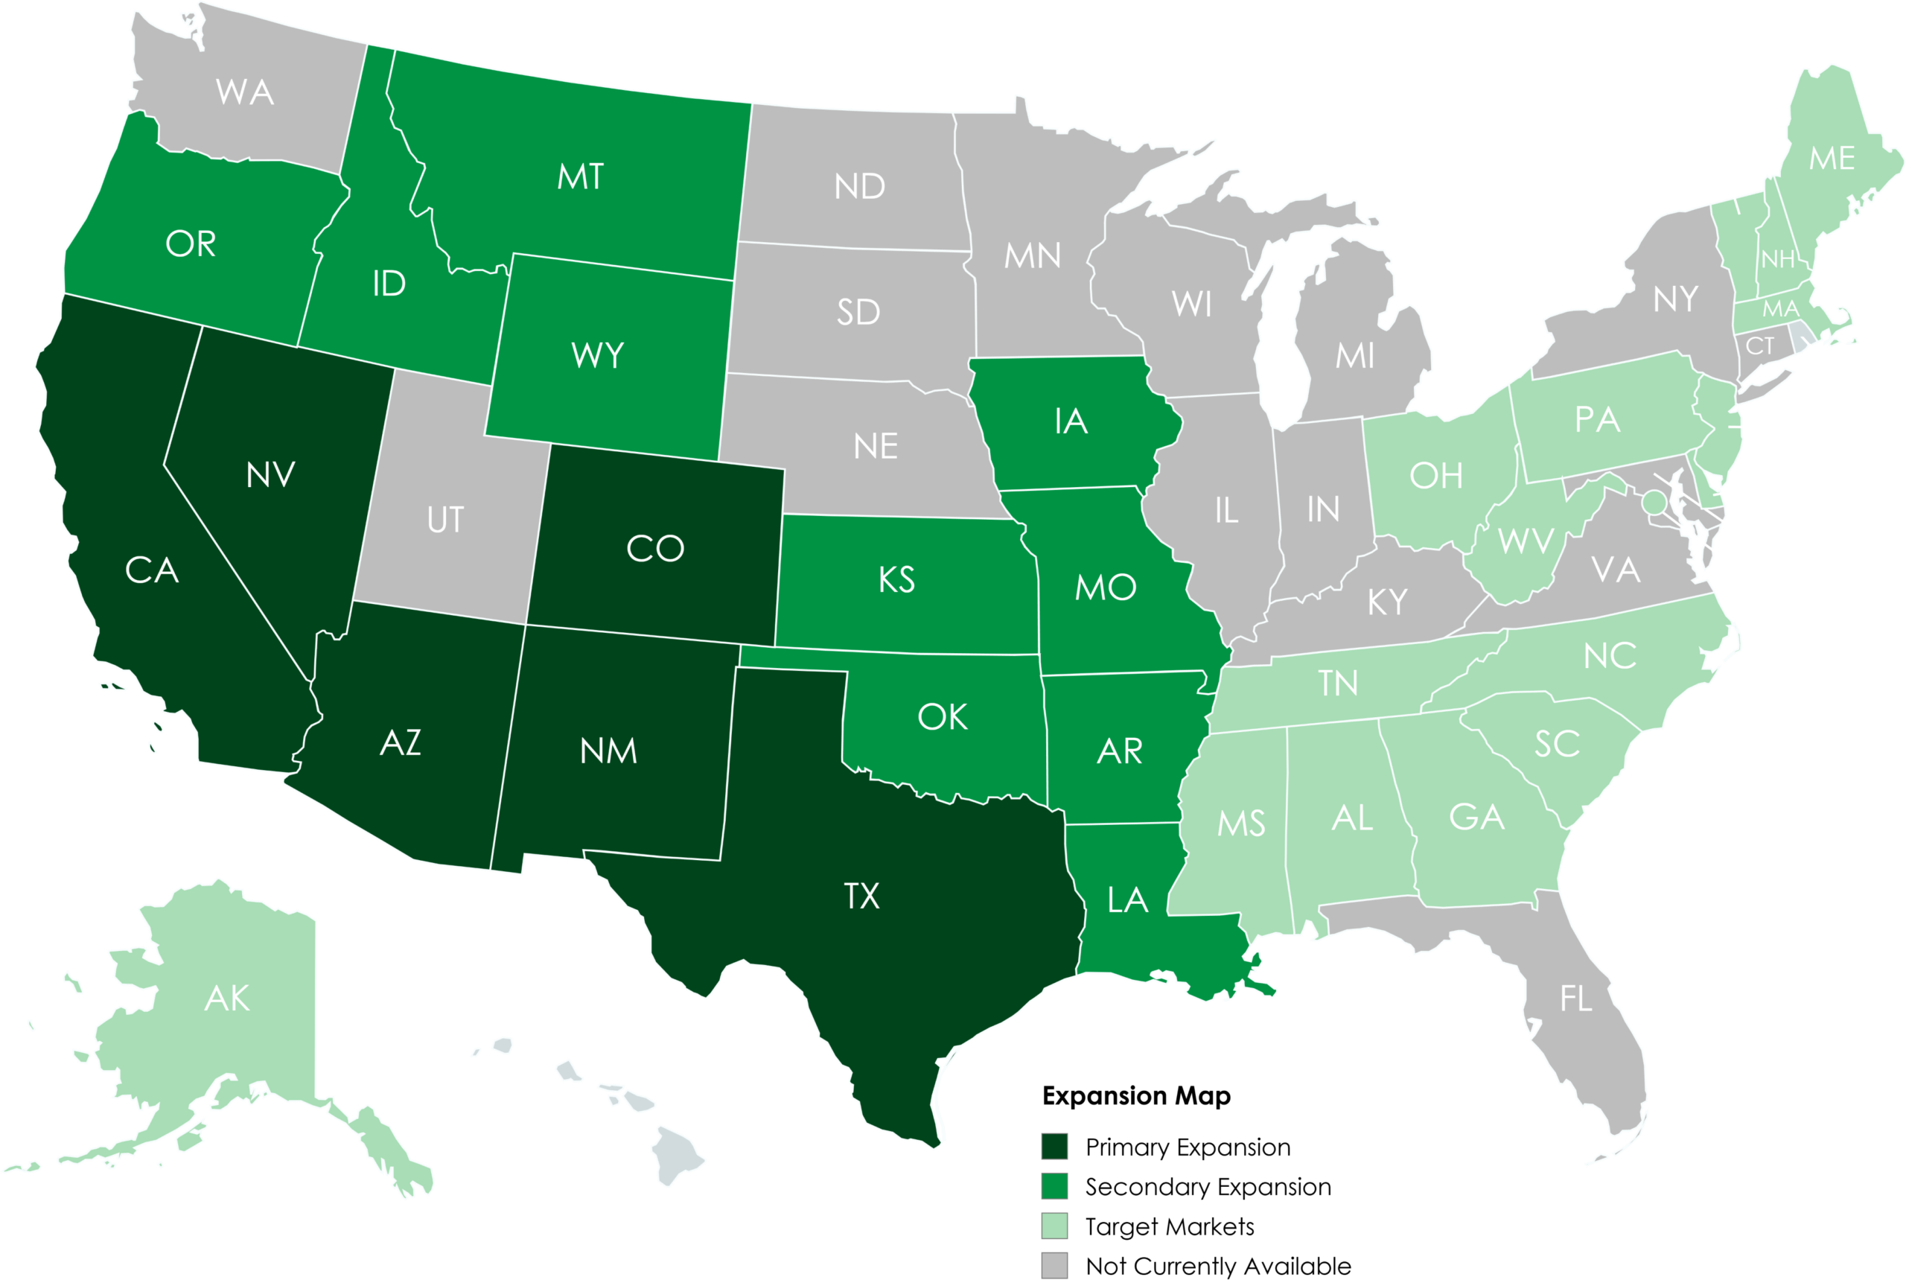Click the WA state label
click(x=245, y=92)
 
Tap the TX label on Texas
click(x=862, y=897)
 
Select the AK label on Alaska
click(x=227, y=999)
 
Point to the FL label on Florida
click(x=1575, y=999)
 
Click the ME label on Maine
click(x=1832, y=159)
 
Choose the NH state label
click(x=1778, y=260)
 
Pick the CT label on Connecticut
click(x=1760, y=347)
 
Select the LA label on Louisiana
click(x=1128, y=900)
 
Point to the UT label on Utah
click(x=445, y=520)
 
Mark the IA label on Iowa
click(x=1071, y=422)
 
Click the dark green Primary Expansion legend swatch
click(x=1054, y=1146)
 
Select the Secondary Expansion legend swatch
click(x=1054, y=1186)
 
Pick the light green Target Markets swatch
click(x=1054, y=1226)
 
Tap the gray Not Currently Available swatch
click(x=1054, y=1264)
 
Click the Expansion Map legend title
click(x=1136, y=1095)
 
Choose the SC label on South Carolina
click(x=1557, y=744)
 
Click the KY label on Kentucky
click(x=1387, y=602)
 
